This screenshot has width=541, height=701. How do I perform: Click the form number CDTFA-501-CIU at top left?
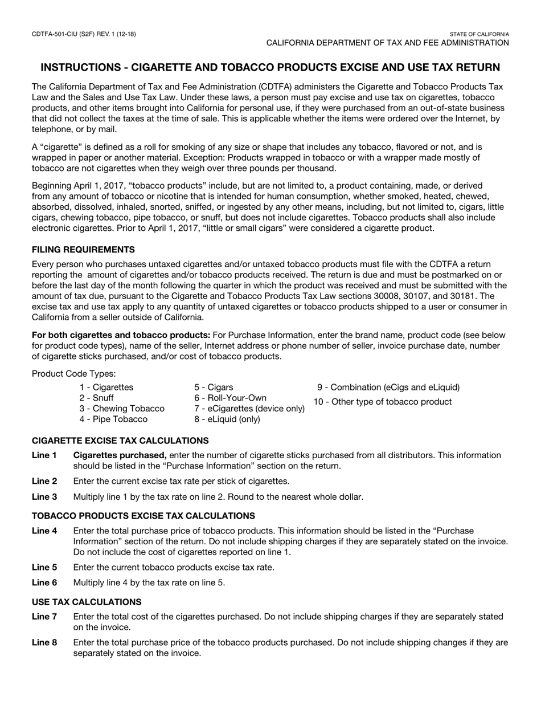(84, 34)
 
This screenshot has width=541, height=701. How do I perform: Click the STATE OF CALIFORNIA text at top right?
(479, 34)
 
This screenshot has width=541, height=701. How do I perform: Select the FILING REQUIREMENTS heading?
(83, 250)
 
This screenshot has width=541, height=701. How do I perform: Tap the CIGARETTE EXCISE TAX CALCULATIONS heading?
(120, 441)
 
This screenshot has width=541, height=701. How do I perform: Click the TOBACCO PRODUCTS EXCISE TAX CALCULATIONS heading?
(143, 516)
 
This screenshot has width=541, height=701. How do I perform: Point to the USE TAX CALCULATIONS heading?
(87, 602)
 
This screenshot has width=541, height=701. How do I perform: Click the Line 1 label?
(44, 455)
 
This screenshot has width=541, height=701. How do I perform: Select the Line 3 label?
(44, 496)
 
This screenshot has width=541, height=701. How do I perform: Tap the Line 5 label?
(44, 567)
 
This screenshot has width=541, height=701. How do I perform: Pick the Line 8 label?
(44, 643)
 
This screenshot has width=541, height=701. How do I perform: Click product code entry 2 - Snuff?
(96, 398)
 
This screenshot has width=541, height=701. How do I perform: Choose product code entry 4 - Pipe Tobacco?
(113, 419)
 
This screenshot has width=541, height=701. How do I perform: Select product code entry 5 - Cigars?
(214, 388)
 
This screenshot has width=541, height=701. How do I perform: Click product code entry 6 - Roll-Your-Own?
(230, 398)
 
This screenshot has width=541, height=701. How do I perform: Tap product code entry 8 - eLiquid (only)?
(227, 419)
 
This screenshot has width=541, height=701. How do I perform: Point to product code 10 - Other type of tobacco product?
(383, 402)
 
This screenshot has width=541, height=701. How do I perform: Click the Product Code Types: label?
(73, 373)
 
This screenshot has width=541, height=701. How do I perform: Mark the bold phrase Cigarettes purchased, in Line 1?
(120, 455)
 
